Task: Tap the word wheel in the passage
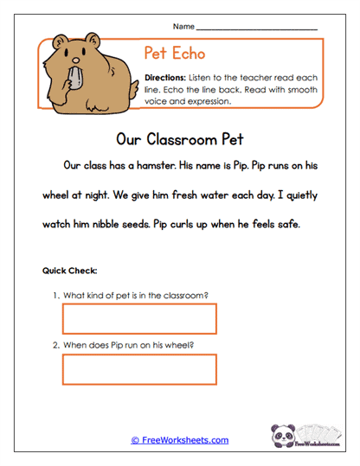pyautogui.click(x=57, y=195)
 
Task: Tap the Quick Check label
pyautogui.click(x=69, y=271)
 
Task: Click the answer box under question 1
pyautogui.click(x=139, y=319)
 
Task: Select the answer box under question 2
pyautogui.click(x=139, y=370)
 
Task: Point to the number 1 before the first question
pyautogui.click(x=55, y=295)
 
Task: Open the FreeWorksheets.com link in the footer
pyautogui.click(x=180, y=440)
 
